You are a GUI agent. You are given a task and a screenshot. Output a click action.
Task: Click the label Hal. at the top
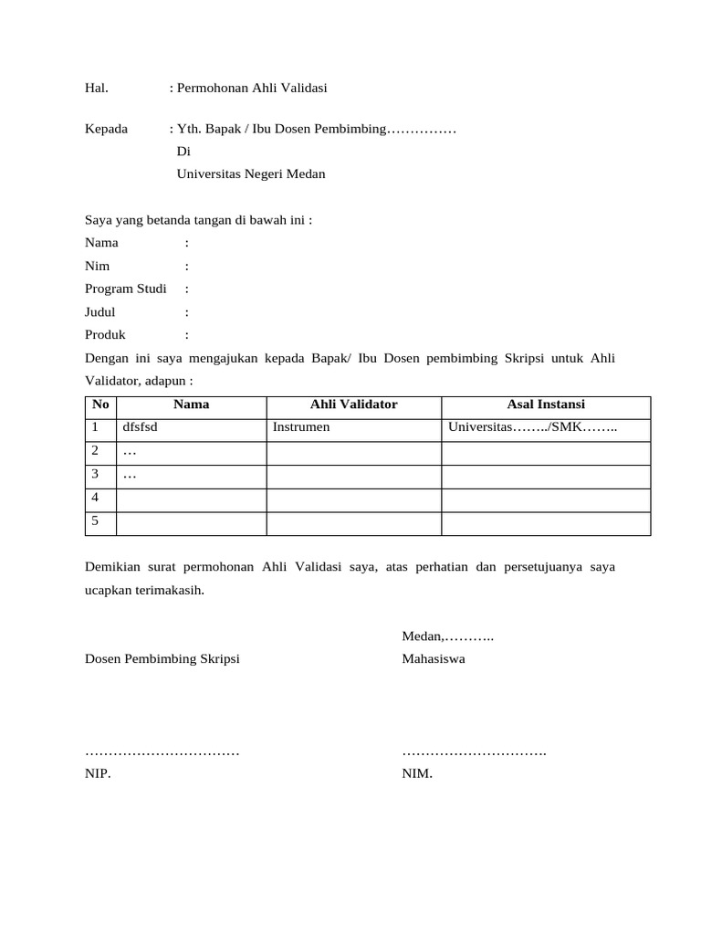(x=97, y=89)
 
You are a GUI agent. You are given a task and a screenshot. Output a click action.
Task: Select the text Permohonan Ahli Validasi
(x=251, y=89)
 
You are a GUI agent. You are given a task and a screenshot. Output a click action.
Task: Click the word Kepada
(x=106, y=129)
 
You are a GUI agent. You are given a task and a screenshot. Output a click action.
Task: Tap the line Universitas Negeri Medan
(x=250, y=173)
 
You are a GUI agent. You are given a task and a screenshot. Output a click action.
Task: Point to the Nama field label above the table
(x=101, y=243)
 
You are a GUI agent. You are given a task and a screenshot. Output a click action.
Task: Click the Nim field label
(x=98, y=266)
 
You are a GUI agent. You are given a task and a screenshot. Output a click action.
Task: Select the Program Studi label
(x=126, y=289)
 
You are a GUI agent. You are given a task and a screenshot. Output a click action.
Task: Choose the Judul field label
(x=100, y=311)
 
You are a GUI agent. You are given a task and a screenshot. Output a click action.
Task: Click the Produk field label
(x=105, y=334)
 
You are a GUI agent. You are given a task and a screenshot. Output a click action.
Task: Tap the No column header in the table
(x=100, y=404)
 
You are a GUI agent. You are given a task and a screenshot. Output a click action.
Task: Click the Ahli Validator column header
(x=353, y=404)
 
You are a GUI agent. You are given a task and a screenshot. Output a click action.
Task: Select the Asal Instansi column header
(x=546, y=404)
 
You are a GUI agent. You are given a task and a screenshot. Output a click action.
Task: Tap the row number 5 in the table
(x=95, y=521)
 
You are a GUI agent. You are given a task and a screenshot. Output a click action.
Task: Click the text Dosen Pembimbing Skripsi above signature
(x=162, y=658)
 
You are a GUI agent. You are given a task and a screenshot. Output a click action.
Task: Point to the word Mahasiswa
(x=434, y=658)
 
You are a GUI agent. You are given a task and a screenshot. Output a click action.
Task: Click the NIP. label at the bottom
(x=98, y=773)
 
